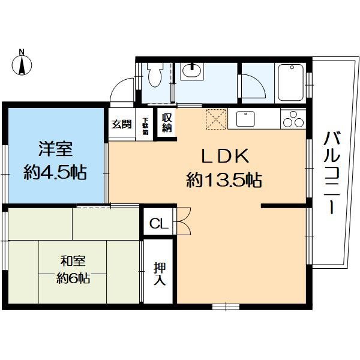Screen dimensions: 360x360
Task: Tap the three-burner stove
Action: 293,119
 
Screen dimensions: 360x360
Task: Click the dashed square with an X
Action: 214,119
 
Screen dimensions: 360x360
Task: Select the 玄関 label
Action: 122,125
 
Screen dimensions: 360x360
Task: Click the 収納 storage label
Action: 166,122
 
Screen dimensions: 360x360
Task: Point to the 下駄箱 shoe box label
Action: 145,125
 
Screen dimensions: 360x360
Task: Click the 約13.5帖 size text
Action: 224,179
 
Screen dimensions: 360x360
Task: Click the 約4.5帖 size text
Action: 55,173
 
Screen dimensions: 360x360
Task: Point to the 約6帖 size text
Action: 73,278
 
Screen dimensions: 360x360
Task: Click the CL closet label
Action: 158,224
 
